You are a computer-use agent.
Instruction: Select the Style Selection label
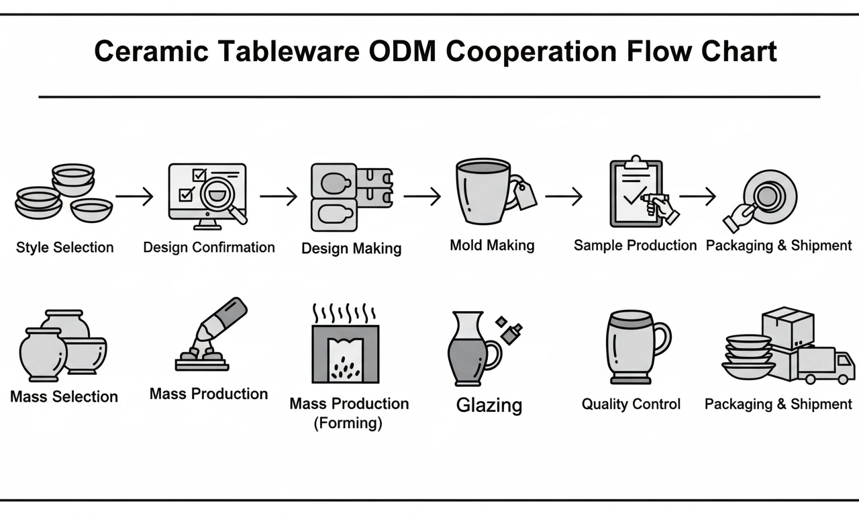coord(64,247)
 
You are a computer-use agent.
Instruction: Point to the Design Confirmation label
coord(209,247)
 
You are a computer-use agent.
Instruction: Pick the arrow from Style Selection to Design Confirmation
coord(134,196)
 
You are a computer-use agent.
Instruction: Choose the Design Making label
coord(351,248)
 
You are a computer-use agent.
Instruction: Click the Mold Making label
coord(492,245)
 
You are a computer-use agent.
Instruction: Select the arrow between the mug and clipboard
coord(563,196)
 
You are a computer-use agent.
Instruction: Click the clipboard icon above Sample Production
coord(635,193)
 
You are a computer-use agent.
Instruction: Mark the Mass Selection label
coord(64,396)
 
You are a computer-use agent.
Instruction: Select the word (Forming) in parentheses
coord(348,423)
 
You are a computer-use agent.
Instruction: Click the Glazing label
coord(489,405)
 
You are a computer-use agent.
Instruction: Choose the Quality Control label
coord(630,404)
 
